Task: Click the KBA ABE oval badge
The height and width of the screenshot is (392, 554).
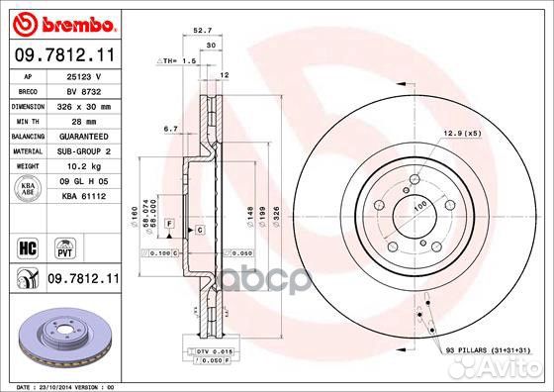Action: pos(29,188)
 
